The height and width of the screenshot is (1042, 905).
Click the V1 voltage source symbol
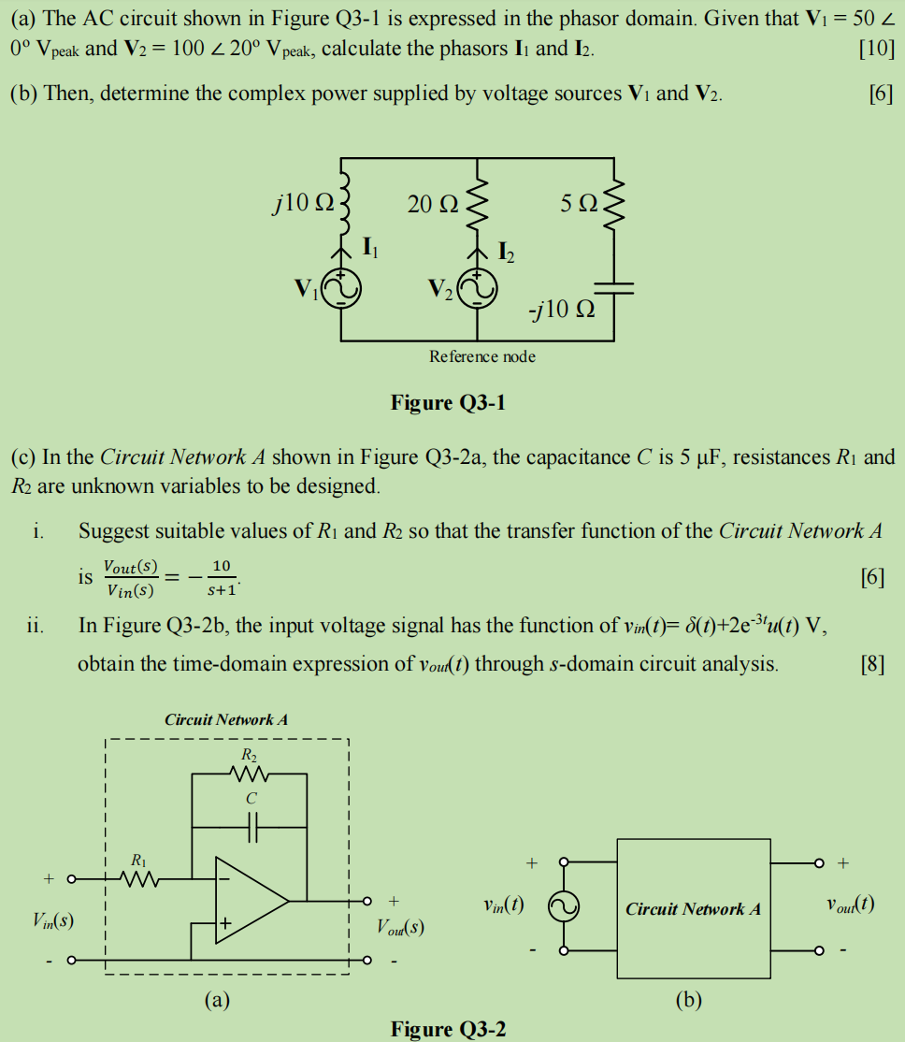[339, 290]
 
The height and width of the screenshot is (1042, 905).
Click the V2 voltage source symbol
[478, 290]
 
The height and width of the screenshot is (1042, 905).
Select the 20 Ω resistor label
[432, 203]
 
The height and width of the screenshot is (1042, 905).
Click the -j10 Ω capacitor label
[560, 310]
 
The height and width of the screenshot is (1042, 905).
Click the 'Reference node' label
[482, 356]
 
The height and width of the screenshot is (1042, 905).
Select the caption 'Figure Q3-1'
[448, 403]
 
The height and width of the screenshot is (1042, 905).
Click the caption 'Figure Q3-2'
[448, 1030]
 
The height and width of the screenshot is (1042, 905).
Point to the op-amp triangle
[249, 901]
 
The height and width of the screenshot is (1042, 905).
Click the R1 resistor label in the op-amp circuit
[138, 859]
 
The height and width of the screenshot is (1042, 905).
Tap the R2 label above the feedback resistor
[248, 754]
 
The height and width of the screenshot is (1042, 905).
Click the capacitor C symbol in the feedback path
[249, 827]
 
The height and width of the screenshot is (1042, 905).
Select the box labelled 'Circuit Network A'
[693, 908]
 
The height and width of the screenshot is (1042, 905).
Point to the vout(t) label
[850, 905]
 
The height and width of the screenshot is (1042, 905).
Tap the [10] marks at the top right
[876, 49]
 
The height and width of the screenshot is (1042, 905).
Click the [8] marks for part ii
[871, 665]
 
